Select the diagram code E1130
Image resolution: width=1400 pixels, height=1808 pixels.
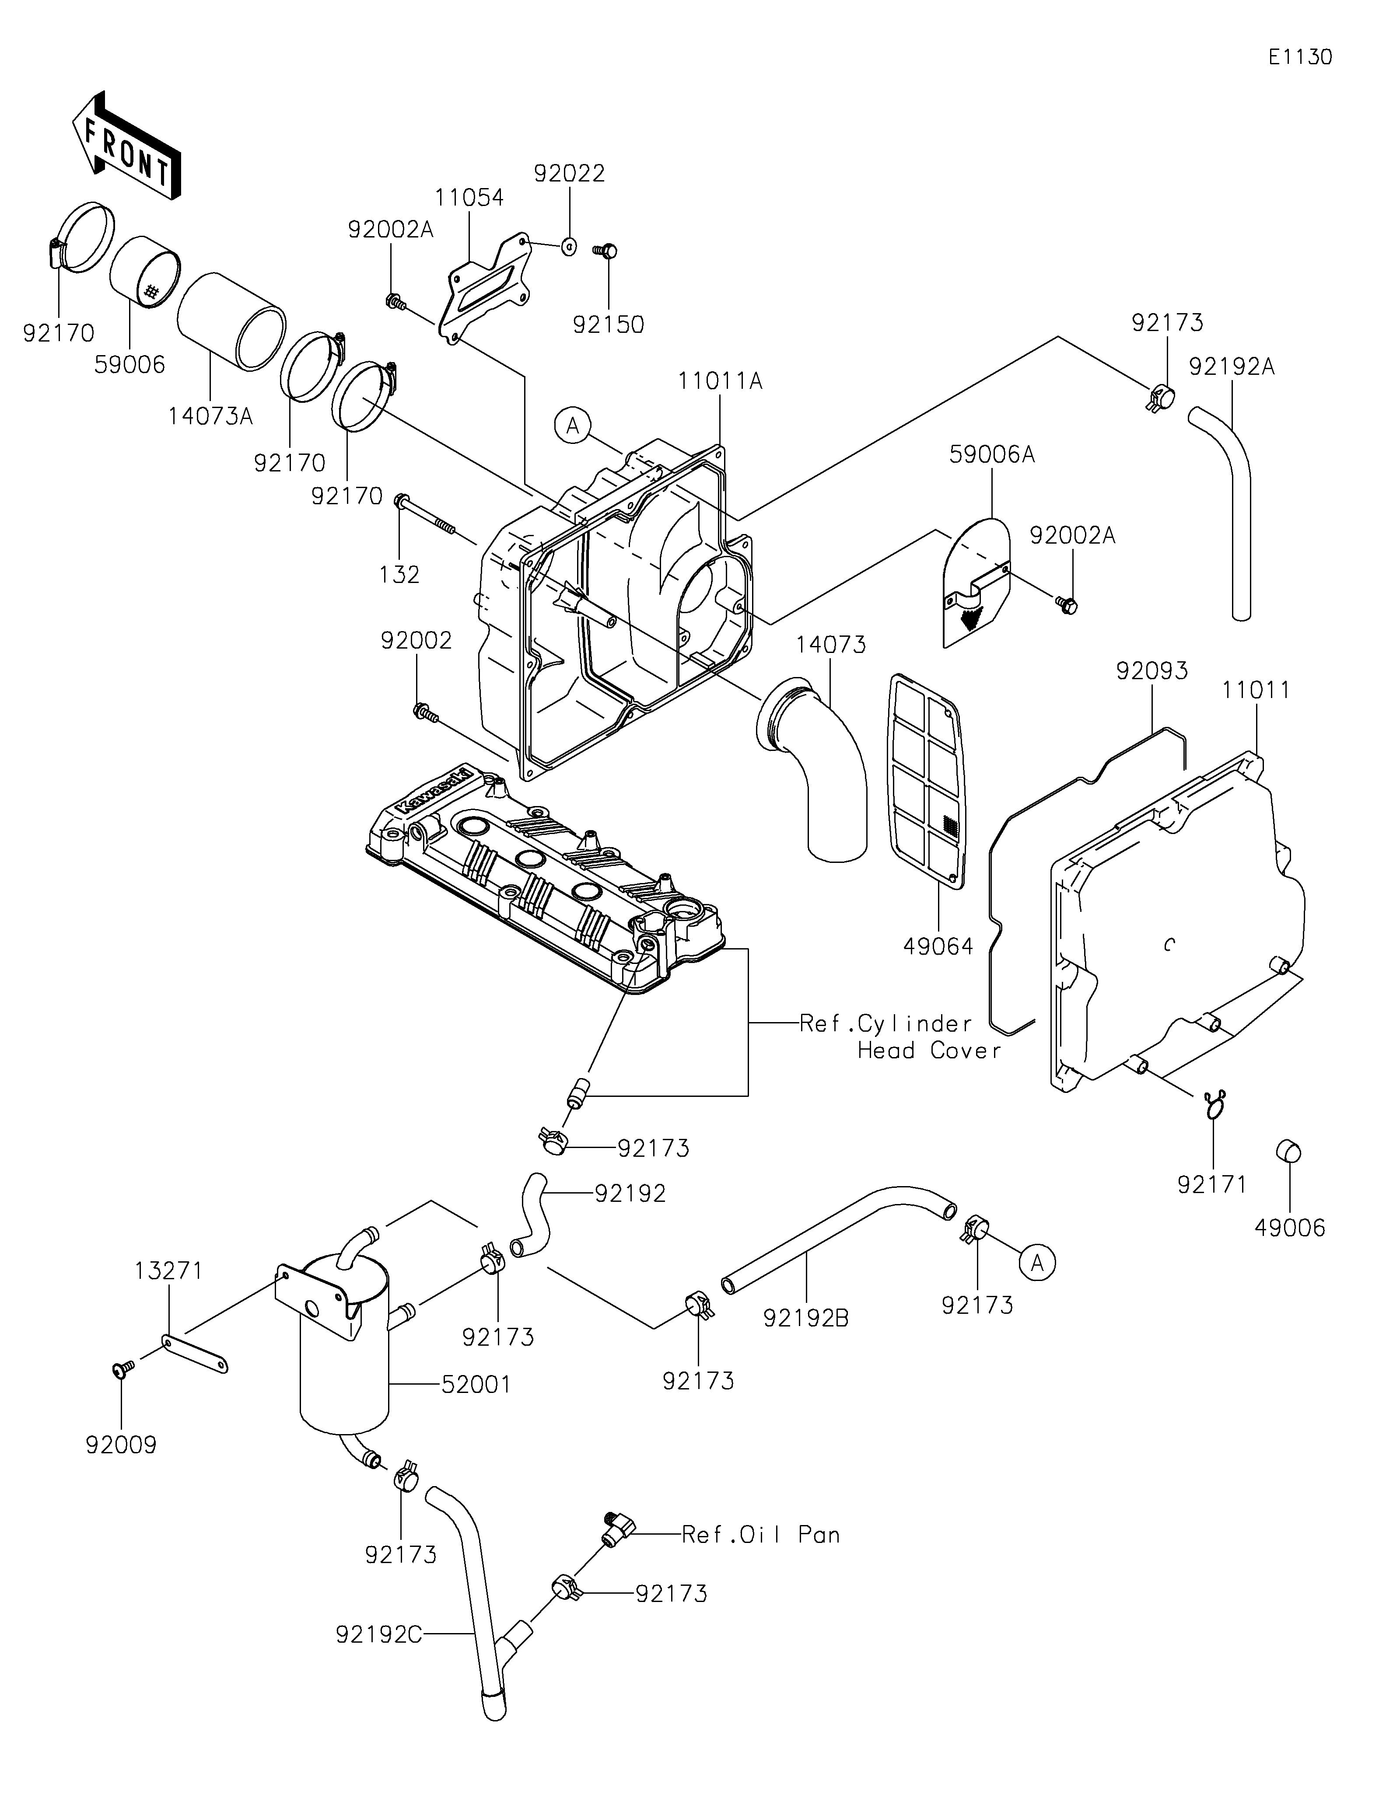1301,57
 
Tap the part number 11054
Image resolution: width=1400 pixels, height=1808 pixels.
469,198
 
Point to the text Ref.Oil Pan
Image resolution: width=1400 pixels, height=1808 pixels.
761,1535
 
